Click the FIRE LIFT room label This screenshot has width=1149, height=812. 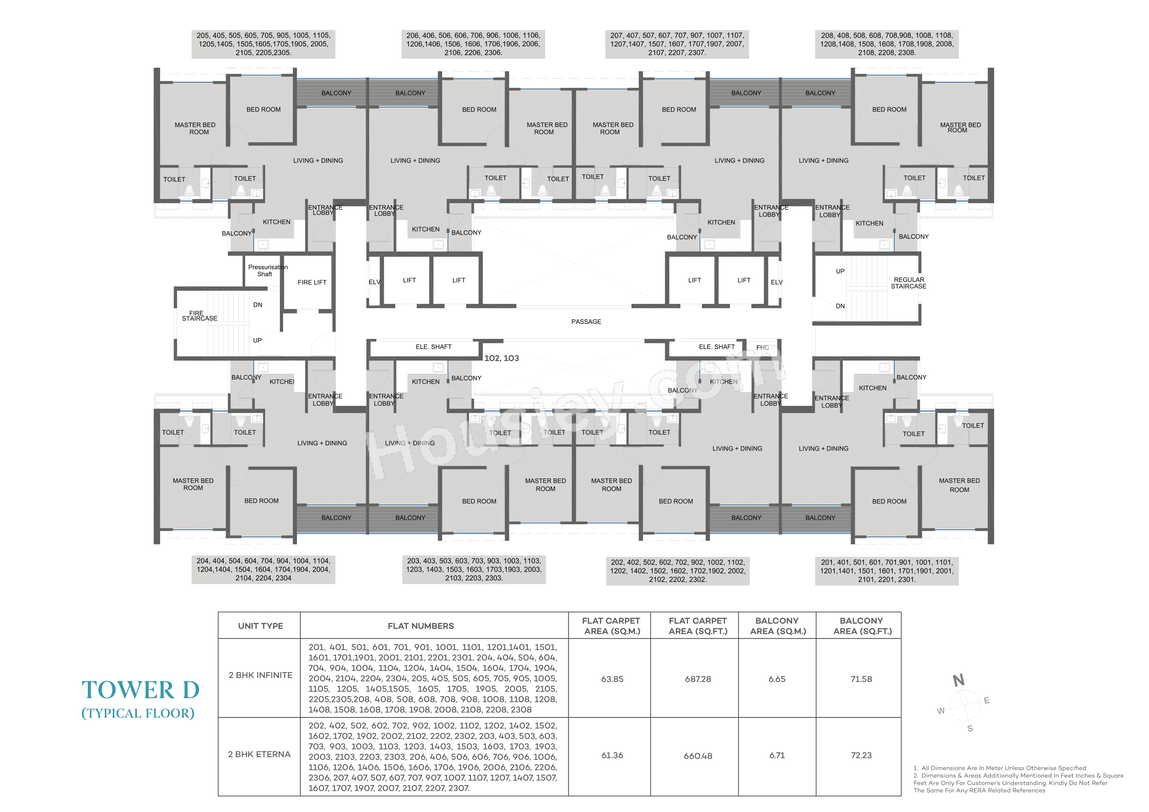pos(312,282)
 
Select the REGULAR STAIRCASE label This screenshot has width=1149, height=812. pos(908,283)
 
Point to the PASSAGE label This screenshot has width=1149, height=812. pos(586,322)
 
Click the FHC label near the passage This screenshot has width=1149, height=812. pos(763,347)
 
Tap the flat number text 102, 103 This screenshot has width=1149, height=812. pos(502,358)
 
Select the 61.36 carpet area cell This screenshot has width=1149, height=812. pos(612,755)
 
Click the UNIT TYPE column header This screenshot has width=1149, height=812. pos(260,626)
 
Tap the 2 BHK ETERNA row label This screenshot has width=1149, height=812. pos(259,754)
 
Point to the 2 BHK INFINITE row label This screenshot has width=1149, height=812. pos(260,675)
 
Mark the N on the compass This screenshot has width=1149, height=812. pos(958,680)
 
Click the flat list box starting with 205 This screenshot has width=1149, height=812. pos(263,44)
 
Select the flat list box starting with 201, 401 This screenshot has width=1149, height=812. pos(886,571)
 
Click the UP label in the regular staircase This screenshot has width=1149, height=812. pos(840,271)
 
